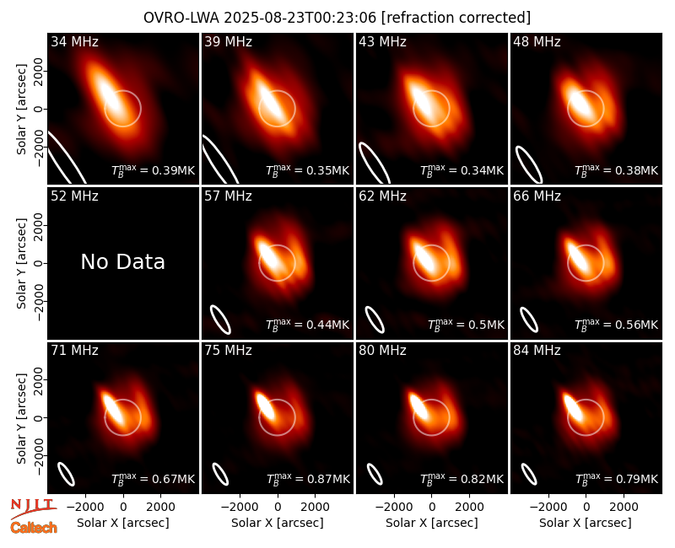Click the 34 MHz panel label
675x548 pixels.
(x=74, y=41)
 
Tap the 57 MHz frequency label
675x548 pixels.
(x=228, y=196)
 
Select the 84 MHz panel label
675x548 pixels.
(x=537, y=351)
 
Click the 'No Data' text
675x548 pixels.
(x=122, y=261)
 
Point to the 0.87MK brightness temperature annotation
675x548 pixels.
(x=308, y=478)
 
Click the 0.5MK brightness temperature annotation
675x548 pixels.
(x=467, y=324)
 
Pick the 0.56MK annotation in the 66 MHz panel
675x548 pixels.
(x=617, y=324)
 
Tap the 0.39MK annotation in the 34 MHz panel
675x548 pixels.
(x=154, y=170)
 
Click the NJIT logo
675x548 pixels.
(x=33, y=508)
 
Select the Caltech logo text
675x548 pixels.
(x=34, y=528)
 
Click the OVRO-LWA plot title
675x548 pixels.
(x=337, y=18)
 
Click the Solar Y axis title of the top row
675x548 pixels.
(x=22, y=110)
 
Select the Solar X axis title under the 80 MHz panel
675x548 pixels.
(x=432, y=523)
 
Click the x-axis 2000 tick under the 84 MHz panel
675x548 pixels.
(x=624, y=507)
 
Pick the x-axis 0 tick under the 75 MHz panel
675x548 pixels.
(x=278, y=507)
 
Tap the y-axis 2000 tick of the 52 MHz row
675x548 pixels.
(x=38, y=225)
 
